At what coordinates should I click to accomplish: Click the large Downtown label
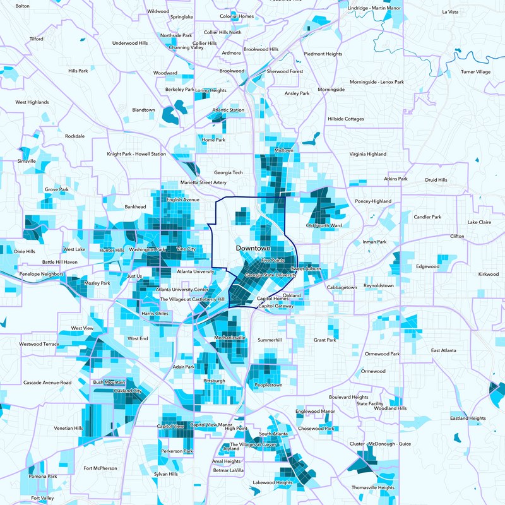click(x=253, y=249)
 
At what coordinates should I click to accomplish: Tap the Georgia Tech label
click(x=228, y=172)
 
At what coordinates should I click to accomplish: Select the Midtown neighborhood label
click(x=284, y=150)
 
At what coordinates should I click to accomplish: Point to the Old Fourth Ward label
click(x=324, y=225)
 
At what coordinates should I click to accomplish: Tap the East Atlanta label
click(x=443, y=350)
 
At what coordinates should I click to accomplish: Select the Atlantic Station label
click(x=228, y=110)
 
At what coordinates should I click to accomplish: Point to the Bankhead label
click(x=135, y=206)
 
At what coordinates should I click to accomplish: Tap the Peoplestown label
click(x=268, y=385)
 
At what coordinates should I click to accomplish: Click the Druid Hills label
click(x=436, y=180)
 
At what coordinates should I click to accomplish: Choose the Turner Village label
click(x=475, y=72)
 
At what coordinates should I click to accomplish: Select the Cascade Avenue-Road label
click(x=47, y=383)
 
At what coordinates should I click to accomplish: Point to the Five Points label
click(x=273, y=260)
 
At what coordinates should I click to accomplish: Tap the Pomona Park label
click(x=43, y=477)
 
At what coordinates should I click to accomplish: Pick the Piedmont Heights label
click(x=323, y=54)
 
